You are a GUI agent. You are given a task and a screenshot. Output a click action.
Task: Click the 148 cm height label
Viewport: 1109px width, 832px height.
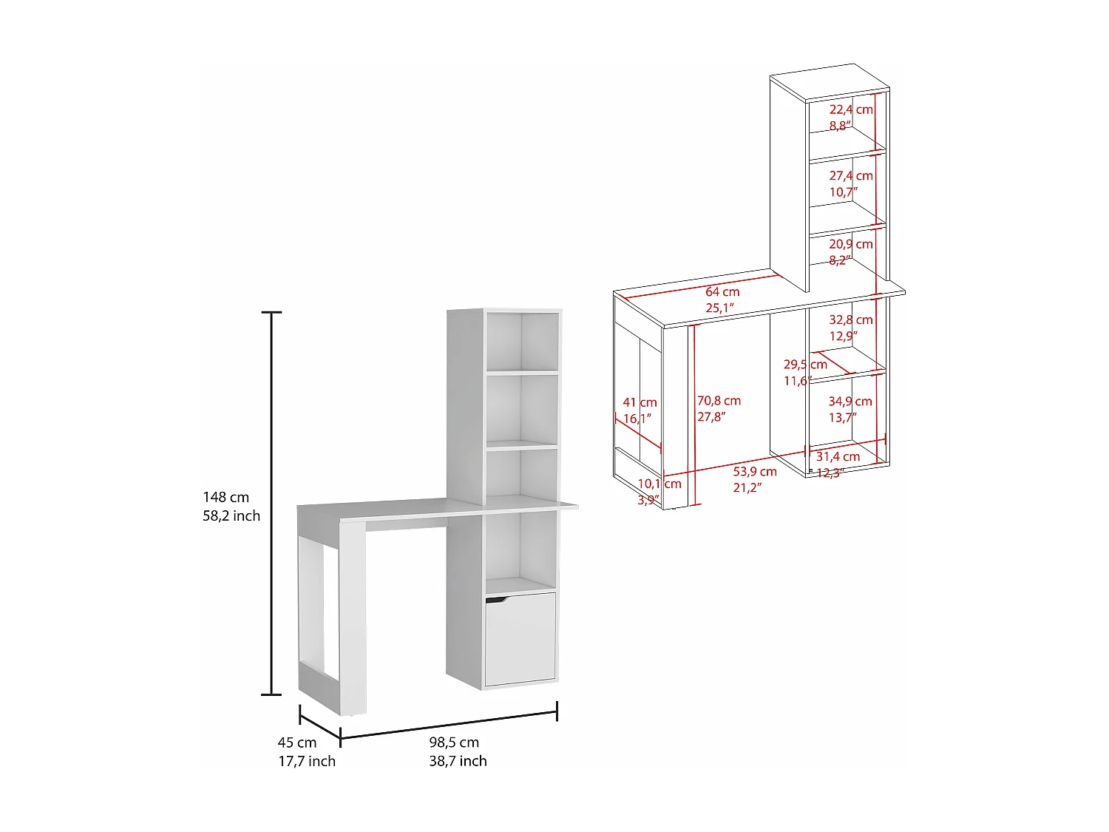point(226,498)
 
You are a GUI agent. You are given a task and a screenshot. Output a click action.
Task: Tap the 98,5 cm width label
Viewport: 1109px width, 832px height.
point(454,743)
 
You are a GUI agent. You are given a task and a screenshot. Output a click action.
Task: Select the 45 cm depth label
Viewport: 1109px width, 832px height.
point(297,743)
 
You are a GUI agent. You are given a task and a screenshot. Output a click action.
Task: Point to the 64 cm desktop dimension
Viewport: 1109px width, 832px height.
point(722,292)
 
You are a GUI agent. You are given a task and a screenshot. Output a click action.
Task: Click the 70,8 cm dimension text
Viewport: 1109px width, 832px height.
point(719,401)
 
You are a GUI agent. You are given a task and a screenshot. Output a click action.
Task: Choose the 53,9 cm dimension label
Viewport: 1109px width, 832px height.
point(755,472)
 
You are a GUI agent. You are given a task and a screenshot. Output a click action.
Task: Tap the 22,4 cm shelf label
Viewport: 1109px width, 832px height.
point(850,110)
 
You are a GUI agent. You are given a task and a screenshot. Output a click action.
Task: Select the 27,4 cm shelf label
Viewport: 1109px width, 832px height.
point(850,176)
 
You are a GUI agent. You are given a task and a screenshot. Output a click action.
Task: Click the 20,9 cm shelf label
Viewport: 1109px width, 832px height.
point(850,244)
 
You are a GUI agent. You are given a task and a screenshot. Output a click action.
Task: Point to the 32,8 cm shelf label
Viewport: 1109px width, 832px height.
point(850,320)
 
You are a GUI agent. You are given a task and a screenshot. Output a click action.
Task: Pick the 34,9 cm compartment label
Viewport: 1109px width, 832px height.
point(849,402)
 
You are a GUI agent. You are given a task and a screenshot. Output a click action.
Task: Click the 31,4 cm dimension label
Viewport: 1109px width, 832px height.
point(838,457)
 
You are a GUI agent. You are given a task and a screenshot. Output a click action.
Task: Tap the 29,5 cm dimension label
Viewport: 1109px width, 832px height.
point(805,365)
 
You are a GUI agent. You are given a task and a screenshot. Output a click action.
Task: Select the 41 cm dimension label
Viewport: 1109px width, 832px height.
point(640,403)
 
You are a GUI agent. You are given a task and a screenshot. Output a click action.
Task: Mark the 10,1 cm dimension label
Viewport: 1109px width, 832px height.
point(659,484)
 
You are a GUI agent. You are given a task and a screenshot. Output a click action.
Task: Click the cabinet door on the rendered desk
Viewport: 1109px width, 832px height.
point(520,640)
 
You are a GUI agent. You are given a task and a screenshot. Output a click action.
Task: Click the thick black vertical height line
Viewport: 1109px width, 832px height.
point(272,503)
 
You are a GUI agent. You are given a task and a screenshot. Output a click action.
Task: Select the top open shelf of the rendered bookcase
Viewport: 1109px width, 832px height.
point(522,341)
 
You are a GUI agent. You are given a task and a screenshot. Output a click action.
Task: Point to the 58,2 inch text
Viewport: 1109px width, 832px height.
point(231,516)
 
